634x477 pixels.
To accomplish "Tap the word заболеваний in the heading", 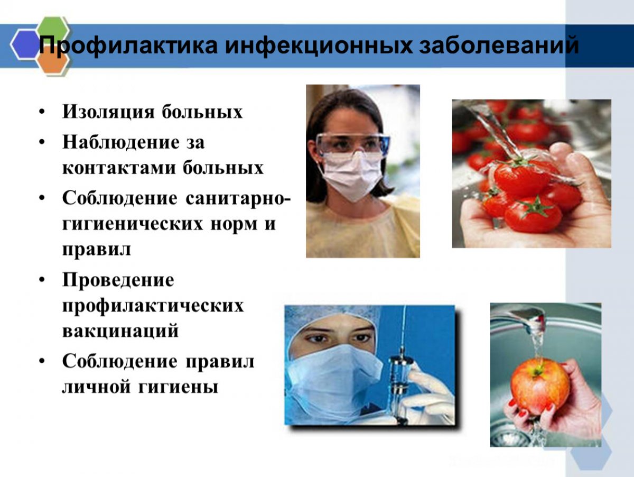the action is coord(499,44).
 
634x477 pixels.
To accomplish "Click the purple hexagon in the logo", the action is coord(25,44).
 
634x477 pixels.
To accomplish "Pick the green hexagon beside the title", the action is coord(53,29).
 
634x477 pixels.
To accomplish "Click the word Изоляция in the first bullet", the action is coord(108,112).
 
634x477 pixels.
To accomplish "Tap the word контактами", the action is coord(119,168).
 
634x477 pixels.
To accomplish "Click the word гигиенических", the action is coord(133,224).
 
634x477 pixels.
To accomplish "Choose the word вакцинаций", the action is coord(120,331).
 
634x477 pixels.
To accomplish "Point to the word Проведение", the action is coord(118,280).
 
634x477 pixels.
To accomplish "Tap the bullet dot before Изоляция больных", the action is coord(42,112).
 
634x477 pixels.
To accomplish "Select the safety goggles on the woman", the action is coord(352,144).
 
